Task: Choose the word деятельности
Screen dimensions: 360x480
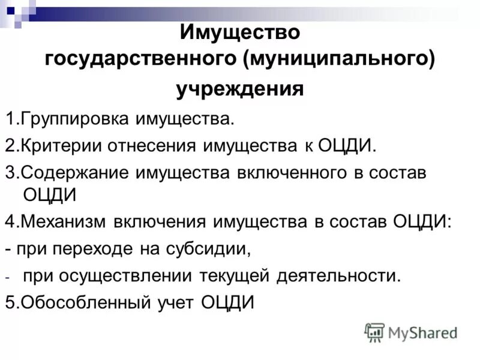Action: (338, 276)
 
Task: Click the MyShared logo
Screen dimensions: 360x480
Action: (411, 332)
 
